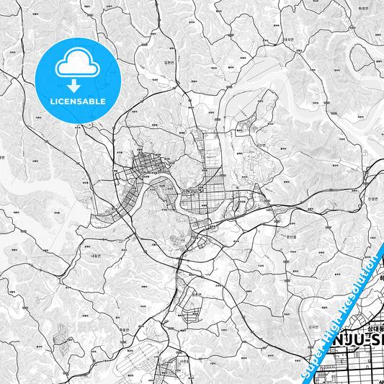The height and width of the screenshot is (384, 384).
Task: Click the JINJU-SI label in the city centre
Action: (189, 189)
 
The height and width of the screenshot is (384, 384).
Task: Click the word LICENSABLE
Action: (77, 101)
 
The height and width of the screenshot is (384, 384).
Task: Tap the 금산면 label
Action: (261, 145)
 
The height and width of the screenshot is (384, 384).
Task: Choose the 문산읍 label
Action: (292, 236)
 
